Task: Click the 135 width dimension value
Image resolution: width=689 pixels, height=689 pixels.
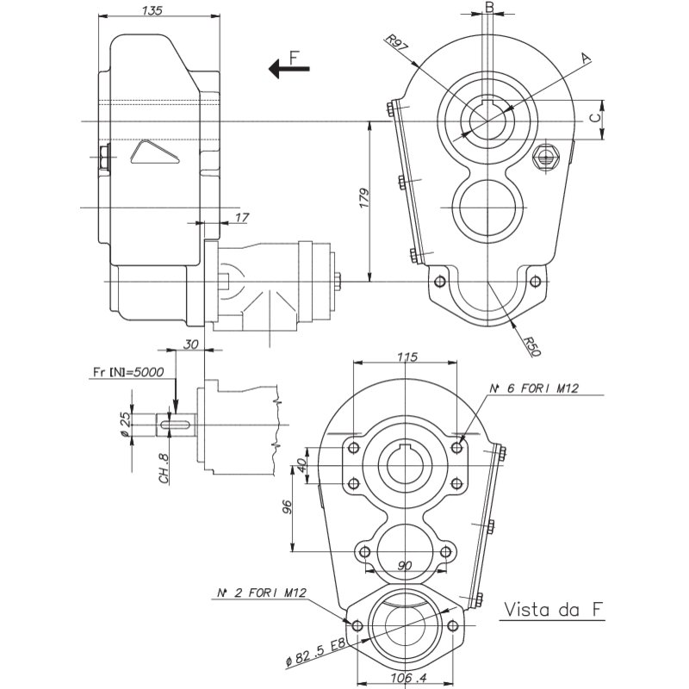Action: [152, 10]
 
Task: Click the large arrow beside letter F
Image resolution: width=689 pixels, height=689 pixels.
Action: [289, 69]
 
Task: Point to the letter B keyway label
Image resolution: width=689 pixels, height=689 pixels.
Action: [489, 7]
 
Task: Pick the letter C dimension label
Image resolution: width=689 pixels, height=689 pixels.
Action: [594, 118]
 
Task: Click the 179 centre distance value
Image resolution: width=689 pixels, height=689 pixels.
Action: [364, 198]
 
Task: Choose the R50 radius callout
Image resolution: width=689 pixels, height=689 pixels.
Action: [532, 346]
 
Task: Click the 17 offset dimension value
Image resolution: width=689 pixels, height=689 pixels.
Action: [242, 218]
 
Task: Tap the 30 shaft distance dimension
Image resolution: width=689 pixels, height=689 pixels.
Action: [190, 344]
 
